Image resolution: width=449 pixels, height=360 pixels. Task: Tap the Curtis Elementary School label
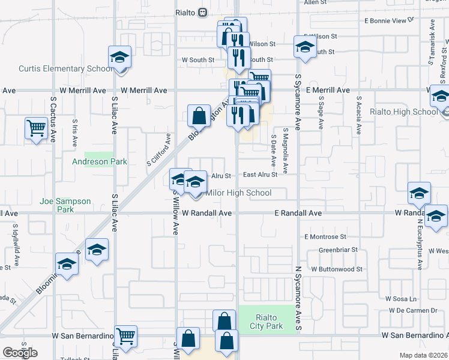click(65, 68)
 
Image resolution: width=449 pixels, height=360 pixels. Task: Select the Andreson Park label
click(100, 161)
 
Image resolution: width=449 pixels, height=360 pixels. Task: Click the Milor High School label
click(238, 193)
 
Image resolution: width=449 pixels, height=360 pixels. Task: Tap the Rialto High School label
click(403, 112)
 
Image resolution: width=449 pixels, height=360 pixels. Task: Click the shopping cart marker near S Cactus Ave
click(37, 128)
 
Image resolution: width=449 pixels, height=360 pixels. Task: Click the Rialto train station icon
click(203, 12)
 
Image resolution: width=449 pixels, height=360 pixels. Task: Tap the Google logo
click(20, 352)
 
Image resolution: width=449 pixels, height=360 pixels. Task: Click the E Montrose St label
click(325, 237)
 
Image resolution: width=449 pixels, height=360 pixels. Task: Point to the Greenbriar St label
click(338, 250)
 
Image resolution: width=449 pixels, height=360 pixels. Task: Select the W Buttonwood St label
click(335, 269)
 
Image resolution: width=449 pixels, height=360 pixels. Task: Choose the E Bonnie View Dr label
click(390, 20)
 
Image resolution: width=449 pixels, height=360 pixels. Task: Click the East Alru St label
click(261, 175)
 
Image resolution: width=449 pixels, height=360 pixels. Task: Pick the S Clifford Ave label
click(159, 153)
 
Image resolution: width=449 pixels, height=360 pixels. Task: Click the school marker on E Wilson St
click(304, 47)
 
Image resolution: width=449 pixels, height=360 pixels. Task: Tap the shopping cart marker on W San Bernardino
click(125, 337)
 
